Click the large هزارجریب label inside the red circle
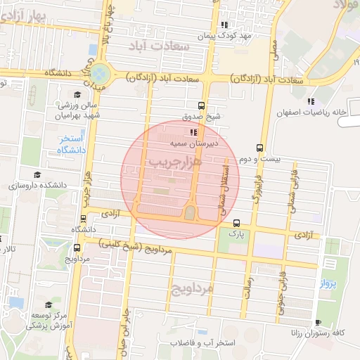[175, 162]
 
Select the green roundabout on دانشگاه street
[100, 73]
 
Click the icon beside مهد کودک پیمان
[224, 25]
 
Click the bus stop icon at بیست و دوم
[259, 148]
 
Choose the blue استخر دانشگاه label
[71, 145]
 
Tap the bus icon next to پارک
[236, 222]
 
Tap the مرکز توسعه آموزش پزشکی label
[49, 321]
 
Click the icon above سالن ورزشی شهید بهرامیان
[77, 94]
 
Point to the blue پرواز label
[330, 284]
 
